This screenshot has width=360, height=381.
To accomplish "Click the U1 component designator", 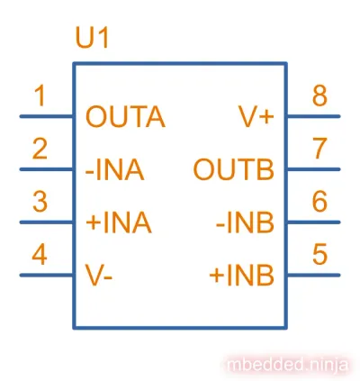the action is coord(92,38).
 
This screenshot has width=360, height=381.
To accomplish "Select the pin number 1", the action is coord(40,95).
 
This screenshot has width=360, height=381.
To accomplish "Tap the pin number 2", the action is coord(40,149).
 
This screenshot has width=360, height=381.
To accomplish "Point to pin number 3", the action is coord(40,202).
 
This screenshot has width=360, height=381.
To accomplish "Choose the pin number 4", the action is coord(40,254).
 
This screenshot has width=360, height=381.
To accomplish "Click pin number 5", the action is coord(319,254).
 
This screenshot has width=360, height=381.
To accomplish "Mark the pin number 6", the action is coord(319,202).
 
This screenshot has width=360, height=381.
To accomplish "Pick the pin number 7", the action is coord(319,149).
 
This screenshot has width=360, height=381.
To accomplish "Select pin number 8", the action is coord(319,95).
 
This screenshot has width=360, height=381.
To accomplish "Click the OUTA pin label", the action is coord(125,117).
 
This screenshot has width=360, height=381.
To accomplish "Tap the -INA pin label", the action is coord(115,169).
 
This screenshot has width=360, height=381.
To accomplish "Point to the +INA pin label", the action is coord(119,222).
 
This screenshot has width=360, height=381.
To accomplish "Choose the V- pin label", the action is coord(99,276).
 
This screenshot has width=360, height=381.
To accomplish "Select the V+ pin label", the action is coord(256,117).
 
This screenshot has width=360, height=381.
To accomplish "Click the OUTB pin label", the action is coord(234,169).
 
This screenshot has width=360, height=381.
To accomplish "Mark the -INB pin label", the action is coord(245,222).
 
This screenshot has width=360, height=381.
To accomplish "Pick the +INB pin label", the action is coord(241,276).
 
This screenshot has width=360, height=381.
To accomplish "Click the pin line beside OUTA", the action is coord(47,116).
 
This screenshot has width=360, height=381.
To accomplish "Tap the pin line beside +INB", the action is coord(313,275).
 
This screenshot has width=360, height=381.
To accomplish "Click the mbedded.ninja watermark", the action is coord(288,365).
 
